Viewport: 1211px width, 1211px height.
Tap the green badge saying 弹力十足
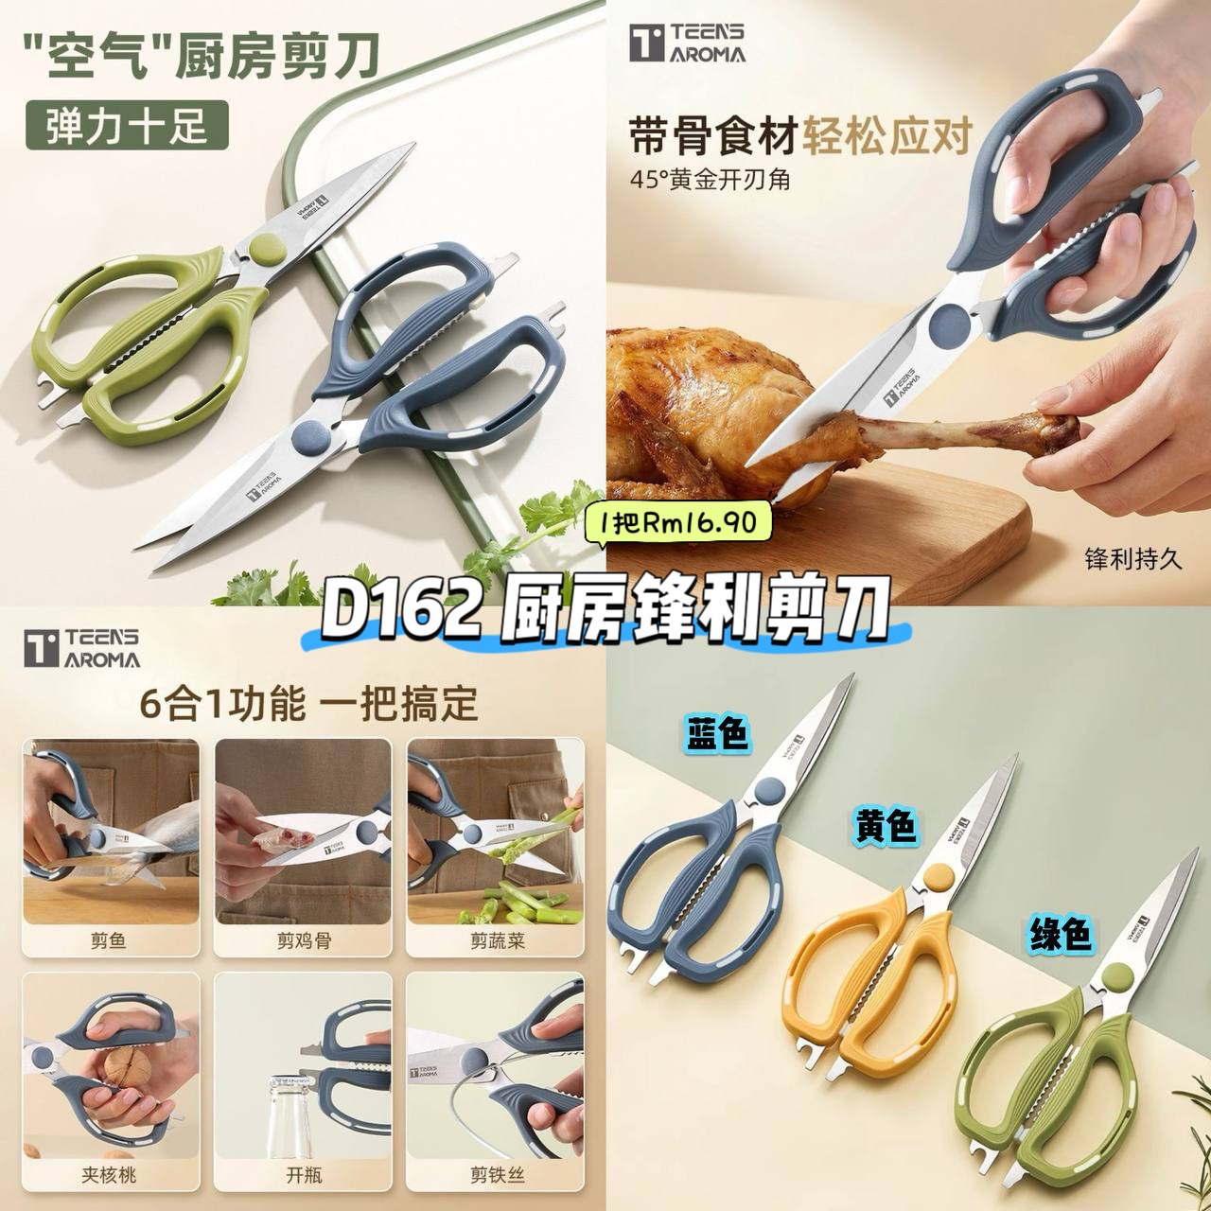pyautogui.click(x=127, y=126)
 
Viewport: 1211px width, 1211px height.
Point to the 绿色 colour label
pyautogui.click(x=1060, y=933)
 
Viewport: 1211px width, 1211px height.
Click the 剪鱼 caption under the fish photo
pyautogui.click(x=108, y=940)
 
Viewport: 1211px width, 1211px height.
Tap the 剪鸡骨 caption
pyautogui.click(x=304, y=940)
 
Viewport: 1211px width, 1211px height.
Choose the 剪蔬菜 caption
pyautogui.click(x=497, y=940)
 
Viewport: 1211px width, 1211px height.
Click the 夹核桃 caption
pyautogui.click(x=108, y=1174)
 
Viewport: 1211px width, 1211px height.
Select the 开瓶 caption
pyautogui.click(x=304, y=1174)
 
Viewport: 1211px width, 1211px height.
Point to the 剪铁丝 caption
pyautogui.click(x=497, y=1174)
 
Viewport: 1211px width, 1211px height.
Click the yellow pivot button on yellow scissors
pyautogui.click(x=937, y=876)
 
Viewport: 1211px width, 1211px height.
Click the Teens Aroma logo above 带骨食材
pyautogui.click(x=688, y=44)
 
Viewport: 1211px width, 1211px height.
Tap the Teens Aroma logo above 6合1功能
pyautogui.click(x=82, y=648)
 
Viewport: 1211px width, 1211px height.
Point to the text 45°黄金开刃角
pyautogui.click(x=711, y=180)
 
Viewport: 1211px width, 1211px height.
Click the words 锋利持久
pyautogui.click(x=1133, y=559)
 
